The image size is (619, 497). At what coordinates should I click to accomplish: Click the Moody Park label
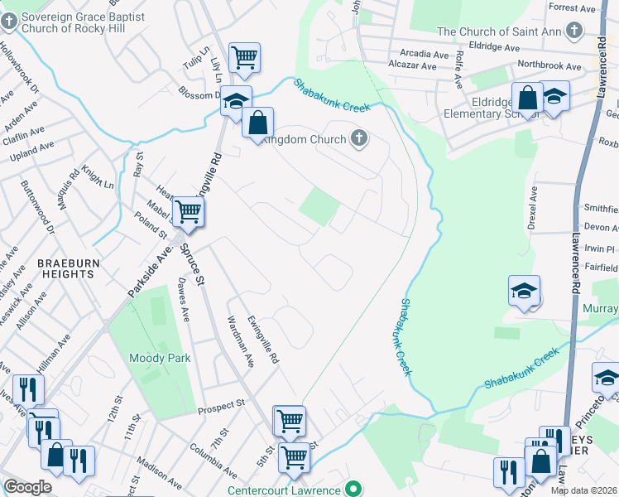[x=160, y=359]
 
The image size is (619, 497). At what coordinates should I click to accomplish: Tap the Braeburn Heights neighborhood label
[x=65, y=268]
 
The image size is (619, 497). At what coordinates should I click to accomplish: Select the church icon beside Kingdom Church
[x=359, y=138]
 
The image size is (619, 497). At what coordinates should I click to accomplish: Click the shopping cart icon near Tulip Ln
[x=244, y=57]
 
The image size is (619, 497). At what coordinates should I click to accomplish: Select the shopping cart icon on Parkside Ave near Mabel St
[x=188, y=211]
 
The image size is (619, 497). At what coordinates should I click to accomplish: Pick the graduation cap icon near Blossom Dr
[x=236, y=100]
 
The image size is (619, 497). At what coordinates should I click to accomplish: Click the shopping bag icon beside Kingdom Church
[x=258, y=123]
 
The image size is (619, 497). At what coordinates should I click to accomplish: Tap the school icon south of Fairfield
[x=524, y=291]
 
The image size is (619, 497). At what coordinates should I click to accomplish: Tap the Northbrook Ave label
[x=549, y=65]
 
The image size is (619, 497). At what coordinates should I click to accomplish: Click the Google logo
[x=27, y=487]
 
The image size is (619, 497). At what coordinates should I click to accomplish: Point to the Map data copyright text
[x=583, y=490]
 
